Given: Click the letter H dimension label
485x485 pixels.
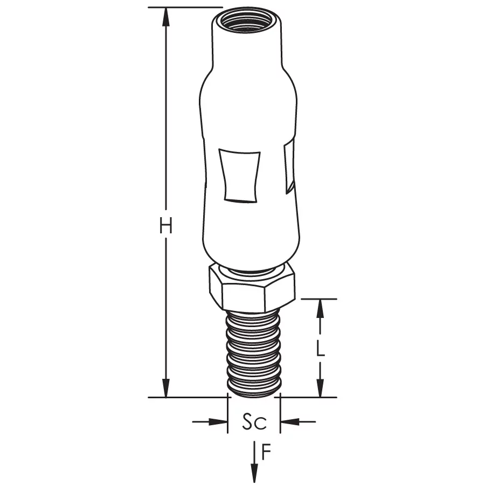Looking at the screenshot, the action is tap(166, 225).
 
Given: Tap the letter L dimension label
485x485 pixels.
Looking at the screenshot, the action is tap(321, 349).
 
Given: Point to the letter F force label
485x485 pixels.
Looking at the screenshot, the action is tap(266, 452).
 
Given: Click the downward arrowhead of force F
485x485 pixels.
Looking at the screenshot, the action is tap(254, 473).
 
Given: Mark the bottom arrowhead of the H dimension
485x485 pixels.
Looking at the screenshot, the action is tap(166, 387).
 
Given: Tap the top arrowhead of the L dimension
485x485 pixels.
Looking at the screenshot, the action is tap(321, 309).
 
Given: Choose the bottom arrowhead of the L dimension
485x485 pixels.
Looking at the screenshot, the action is tap(321, 388).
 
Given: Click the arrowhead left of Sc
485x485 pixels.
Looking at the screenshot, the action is tap(218, 421).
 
